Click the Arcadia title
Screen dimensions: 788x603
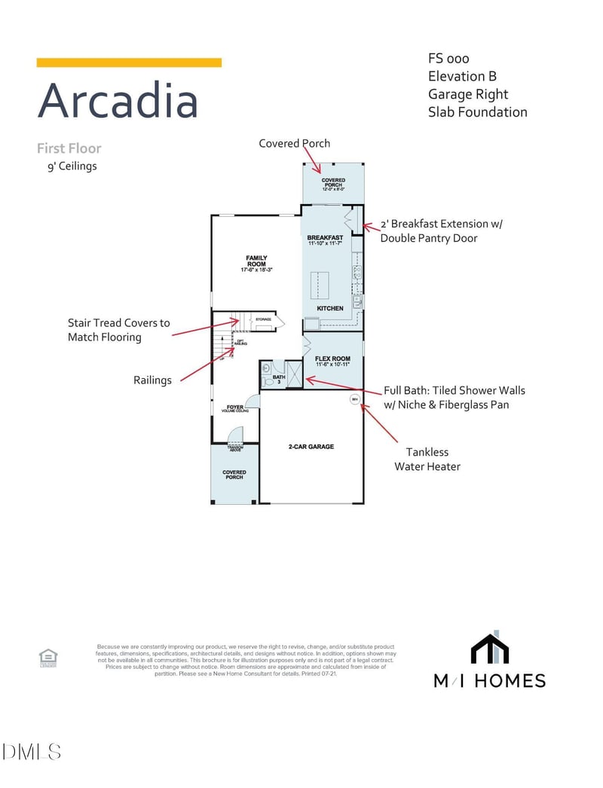pyautogui.click(x=118, y=100)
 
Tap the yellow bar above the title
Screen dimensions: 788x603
pyautogui.click(x=129, y=63)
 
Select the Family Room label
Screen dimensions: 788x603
pyautogui.click(x=256, y=264)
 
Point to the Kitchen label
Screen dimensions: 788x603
pyautogui.click(x=330, y=308)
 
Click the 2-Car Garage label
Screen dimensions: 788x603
pyautogui.click(x=311, y=447)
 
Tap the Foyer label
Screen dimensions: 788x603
pyautogui.click(x=235, y=408)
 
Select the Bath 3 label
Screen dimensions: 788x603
pyautogui.click(x=277, y=379)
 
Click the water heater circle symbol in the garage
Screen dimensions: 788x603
pyautogui.click(x=354, y=399)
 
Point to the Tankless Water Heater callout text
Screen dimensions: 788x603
pyautogui.click(x=427, y=459)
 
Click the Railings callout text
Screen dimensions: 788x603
pyautogui.click(x=153, y=380)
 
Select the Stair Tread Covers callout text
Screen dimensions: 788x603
pyautogui.click(x=119, y=330)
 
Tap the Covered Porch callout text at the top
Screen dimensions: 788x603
pyautogui.click(x=294, y=143)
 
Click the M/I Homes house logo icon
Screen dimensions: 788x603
pyautogui.click(x=490, y=648)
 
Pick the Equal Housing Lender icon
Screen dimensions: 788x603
pyautogui.click(x=48, y=658)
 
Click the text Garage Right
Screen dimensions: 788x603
pyautogui.click(x=468, y=94)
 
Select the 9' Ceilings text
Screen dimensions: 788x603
pyautogui.click(x=72, y=166)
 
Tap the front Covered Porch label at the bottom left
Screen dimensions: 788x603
pyautogui.click(x=234, y=475)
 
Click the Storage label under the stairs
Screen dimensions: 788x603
pyautogui.click(x=262, y=319)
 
